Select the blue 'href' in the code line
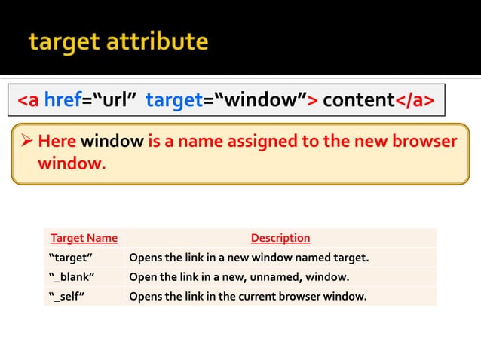click(x=63, y=100)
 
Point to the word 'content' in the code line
click(x=359, y=100)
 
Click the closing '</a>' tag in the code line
click(x=414, y=100)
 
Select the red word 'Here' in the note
click(x=57, y=142)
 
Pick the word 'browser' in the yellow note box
click(x=424, y=142)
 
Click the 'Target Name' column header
click(x=84, y=238)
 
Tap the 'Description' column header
click(x=280, y=238)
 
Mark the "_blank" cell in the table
click(x=72, y=276)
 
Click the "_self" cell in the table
click(x=66, y=295)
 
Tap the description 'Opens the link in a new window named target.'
click(x=249, y=258)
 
